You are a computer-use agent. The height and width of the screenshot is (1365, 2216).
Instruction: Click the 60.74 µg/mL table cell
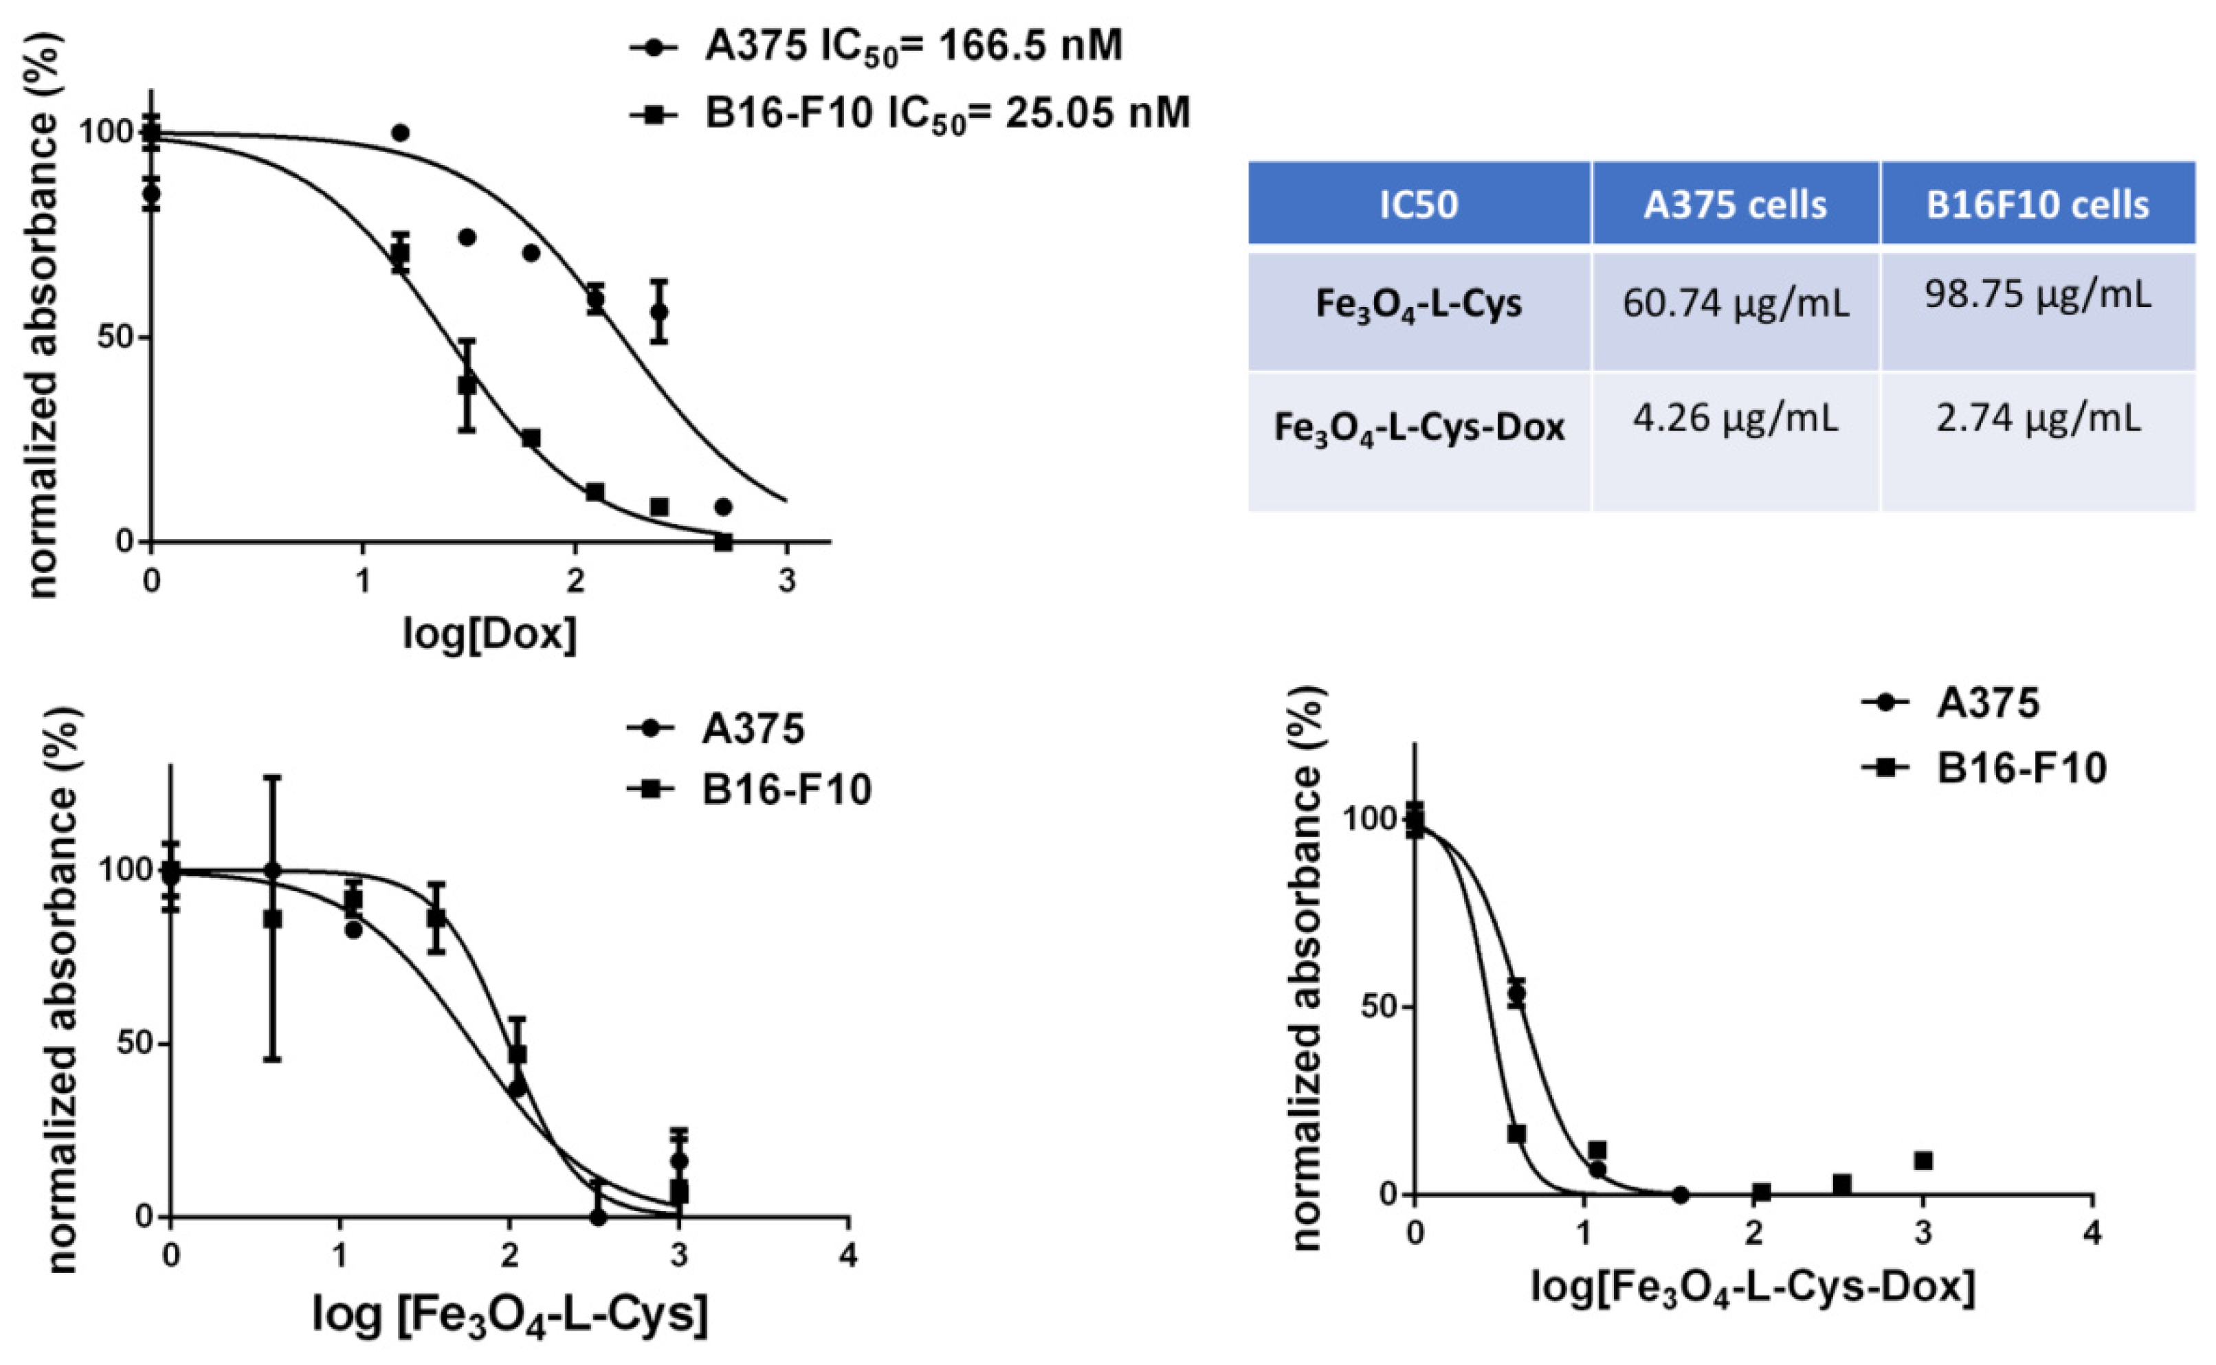(1735, 304)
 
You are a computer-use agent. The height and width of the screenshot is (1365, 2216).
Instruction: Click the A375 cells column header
(1735, 205)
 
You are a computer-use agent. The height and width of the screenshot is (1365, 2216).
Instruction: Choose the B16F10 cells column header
(2037, 205)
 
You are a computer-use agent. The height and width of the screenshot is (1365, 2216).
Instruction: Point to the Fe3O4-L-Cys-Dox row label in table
(1419, 426)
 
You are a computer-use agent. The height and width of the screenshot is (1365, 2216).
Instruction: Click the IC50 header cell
(1419, 205)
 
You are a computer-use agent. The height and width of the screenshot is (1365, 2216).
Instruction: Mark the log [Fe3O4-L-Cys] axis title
(510, 1314)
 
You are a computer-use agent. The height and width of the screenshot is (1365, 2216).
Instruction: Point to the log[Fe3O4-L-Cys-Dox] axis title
(1752, 1285)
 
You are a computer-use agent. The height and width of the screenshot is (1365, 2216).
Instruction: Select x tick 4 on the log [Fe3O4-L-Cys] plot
(847, 1256)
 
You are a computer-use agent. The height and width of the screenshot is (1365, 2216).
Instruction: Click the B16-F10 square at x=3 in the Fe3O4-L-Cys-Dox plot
(1923, 1160)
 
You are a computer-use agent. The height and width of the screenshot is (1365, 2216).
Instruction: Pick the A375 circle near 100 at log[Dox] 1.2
(400, 133)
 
